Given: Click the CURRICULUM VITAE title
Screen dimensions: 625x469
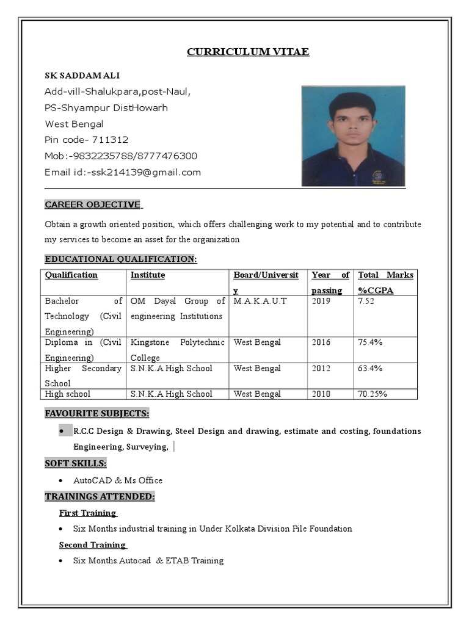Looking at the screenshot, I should [248, 52].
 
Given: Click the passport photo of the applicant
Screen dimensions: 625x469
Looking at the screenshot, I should [353, 135].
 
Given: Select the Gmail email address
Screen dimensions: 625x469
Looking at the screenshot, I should [145, 172].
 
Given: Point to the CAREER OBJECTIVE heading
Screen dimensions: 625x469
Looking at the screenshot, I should [92, 204].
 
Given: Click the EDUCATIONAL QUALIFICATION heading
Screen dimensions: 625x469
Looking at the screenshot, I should [120, 259].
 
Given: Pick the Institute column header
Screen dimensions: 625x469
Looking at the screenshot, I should [148, 275].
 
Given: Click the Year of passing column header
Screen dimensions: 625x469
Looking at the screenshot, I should [330, 282].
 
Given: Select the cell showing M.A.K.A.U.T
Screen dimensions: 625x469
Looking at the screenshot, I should [260, 302].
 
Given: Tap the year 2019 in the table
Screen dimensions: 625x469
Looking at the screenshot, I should [321, 302].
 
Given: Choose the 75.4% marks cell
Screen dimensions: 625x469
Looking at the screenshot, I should [370, 342].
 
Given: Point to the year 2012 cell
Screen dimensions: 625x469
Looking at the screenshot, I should [321, 369].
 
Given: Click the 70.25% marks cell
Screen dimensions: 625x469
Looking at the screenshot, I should [373, 394].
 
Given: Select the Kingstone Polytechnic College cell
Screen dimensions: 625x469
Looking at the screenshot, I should [177, 350].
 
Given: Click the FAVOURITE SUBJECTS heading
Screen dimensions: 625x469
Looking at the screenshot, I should [96, 414].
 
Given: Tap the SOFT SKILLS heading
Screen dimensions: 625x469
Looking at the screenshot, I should [76, 463].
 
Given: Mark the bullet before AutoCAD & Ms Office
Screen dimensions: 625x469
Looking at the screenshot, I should [62, 480].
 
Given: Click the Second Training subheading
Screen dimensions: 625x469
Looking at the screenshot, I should [92, 544].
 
